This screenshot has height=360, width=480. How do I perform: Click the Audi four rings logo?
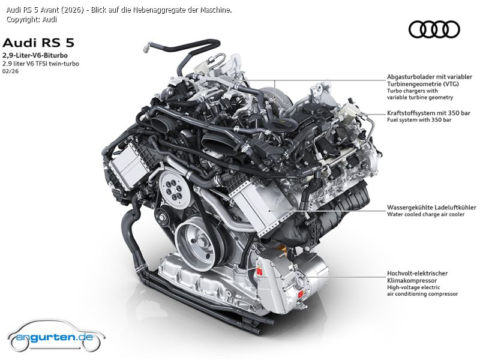coord(434,29)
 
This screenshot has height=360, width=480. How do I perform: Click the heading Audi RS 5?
coord(38,43)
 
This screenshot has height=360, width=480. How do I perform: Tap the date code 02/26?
coord(10,71)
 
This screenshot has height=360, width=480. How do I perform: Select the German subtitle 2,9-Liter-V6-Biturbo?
coord(35,55)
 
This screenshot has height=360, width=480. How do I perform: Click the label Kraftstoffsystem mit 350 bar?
coord(428,113)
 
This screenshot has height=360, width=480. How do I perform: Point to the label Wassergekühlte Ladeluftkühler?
coord(431,208)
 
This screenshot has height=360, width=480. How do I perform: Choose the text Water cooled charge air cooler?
coord(426,214)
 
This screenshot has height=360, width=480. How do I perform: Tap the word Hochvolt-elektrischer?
coord(417,274)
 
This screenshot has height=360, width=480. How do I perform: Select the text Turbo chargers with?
coord(412,91)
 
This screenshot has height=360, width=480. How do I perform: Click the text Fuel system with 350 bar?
coord(419,120)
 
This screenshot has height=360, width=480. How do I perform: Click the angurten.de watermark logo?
coord(56,337)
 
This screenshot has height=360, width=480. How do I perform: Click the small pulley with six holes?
coord(173,187)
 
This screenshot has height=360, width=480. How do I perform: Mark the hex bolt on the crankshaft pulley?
coord(203,241)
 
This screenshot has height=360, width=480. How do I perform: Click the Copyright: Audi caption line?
coord(32,20)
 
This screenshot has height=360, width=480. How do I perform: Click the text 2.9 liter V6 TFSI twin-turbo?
coord(41,64)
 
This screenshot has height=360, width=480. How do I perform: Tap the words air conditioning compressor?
coord(422,294)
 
